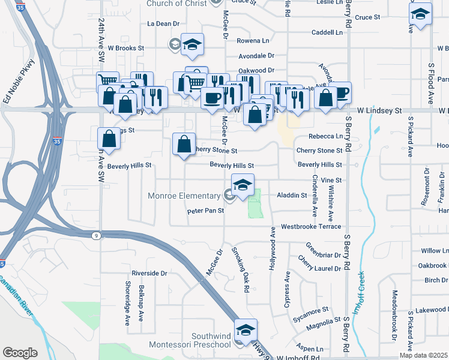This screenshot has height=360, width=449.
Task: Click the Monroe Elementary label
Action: click(x=184, y=196)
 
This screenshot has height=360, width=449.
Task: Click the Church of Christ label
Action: click(x=176, y=4)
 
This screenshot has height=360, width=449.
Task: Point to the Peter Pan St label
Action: click(x=205, y=211)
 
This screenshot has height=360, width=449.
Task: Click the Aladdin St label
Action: click(x=291, y=195)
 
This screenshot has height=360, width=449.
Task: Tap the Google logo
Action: click(x=20, y=353)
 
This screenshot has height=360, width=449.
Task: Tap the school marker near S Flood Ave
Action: click(x=420, y=15)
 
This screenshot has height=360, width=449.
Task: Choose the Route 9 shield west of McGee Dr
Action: click(x=97, y=236)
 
